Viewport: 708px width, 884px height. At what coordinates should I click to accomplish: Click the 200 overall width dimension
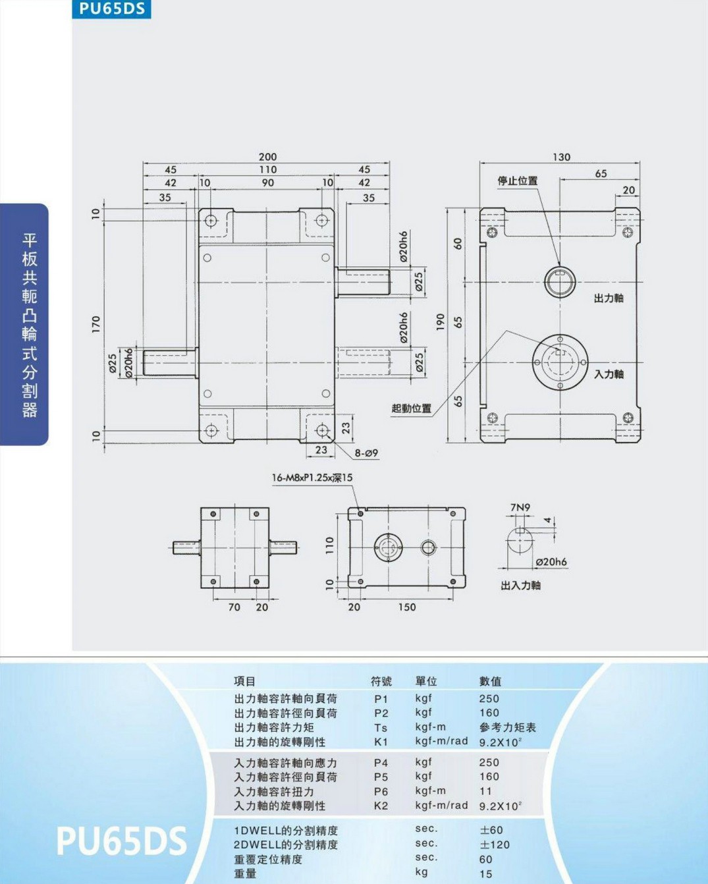(268, 157)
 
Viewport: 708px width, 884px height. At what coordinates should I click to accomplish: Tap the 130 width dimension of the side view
(561, 157)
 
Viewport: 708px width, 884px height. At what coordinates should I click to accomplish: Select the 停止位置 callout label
(518, 180)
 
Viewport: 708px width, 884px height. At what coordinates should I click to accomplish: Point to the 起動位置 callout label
(412, 408)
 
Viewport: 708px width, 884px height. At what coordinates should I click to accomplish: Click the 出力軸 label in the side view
(609, 298)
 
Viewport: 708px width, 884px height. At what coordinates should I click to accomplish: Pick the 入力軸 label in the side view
(609, 373)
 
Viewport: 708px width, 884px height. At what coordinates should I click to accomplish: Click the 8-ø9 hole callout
(366, 453)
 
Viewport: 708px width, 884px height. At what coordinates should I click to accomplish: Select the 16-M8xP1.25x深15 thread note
(312, 478)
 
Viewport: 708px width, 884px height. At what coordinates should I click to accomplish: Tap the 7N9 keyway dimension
(520, 507)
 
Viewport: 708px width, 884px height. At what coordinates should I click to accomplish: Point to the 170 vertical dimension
(95, 324)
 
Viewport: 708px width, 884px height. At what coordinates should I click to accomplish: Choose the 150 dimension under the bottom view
(407, 607)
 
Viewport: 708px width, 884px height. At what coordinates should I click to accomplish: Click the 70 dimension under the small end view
(234, 607)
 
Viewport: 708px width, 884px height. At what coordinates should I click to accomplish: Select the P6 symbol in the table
(381, 791)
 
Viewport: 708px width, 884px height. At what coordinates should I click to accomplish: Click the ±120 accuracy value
(495, 844)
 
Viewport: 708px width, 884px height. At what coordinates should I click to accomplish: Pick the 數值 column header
(491, 682)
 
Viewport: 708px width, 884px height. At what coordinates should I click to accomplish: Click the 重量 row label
(245, 873)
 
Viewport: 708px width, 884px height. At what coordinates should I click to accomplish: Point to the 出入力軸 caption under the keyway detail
(520, 585)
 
